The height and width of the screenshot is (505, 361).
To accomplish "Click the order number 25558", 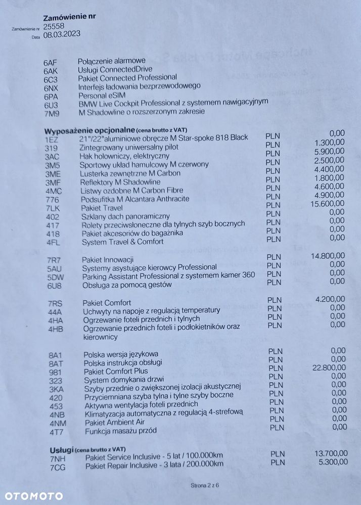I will (54, 26).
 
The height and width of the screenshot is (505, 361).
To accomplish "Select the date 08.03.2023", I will (62, 35).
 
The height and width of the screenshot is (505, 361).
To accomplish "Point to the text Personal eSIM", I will (102, 95).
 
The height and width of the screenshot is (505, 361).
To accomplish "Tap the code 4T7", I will (56, 432).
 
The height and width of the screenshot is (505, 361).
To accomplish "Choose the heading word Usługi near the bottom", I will (62, 449).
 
